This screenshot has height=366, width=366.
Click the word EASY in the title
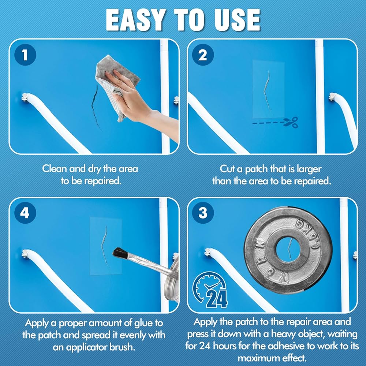[x=136, y=20]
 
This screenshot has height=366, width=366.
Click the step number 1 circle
[x=25, y=55]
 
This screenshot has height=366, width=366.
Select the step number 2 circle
[x=203, y=55]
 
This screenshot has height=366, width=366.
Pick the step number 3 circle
[x=203, y=213]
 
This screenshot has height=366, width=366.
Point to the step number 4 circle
[x=25, y=213]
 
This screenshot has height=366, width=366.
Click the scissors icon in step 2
[x=290, y=122]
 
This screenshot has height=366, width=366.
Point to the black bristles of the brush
[x=120, y=253]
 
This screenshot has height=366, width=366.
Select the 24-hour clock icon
[x=210, y=290]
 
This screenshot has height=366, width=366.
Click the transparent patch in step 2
[x=268, y=89]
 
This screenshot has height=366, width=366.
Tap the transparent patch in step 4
[x=106, y=246]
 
